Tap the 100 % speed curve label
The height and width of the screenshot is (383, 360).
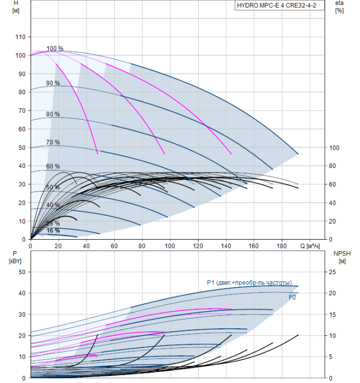point(55,49)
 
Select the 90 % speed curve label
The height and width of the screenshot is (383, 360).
point(53,83)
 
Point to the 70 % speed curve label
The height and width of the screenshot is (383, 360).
point(53,142)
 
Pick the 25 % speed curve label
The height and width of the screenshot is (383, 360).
point(53,223)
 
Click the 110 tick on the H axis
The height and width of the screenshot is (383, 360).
point(21,37)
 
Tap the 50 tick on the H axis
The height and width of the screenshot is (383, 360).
point(22,148)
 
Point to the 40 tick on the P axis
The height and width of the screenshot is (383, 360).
point(22,293)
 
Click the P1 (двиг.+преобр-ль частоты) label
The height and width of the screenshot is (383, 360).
point(249,282)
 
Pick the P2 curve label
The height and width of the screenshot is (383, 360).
point(293,297)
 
